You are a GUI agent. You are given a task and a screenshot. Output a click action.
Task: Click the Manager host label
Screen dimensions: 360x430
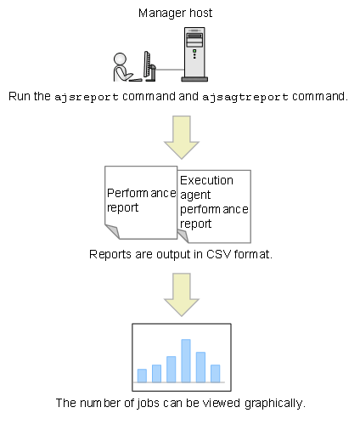pyautogui.click(x=175, y=13)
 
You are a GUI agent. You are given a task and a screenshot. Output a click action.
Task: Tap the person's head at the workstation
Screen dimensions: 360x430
pyautogui.click(x=120, y=59)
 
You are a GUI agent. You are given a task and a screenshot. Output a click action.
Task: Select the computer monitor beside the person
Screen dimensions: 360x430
pyautogui.click(x=147, y=65)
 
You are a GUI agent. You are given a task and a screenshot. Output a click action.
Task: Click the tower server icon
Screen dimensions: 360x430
pyautogui.click(x=194, y=54)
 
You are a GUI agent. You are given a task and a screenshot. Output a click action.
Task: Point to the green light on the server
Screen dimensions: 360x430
pyautogui.click(x=194, y=51)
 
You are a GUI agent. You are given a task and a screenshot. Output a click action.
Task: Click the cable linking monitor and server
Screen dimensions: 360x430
pyautogui.click(x=170, y=70)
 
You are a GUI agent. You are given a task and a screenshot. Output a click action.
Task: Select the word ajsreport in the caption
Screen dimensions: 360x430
pyautogui.click(x=87, y=97)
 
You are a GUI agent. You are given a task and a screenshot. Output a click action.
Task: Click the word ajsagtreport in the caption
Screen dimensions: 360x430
pyautogui.click(x=245, y=97)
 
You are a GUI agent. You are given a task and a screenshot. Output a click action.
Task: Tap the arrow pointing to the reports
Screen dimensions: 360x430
pyautogui.click(x=182, y=137)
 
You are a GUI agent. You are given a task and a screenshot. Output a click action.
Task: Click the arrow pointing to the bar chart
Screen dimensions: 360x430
pyautogui.click(x=182, y=295)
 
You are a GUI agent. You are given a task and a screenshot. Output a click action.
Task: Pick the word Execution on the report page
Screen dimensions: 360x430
pyautogui.click(x=206, y=180)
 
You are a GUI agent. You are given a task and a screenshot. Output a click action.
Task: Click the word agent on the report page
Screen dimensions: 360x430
pyautogui.click(x=195, y=195)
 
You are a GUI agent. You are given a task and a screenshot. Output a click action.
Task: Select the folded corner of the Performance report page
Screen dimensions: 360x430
pyautogui.click(x=113, y=231)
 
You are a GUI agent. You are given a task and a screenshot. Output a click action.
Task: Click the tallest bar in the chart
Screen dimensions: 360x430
pyautogui.click(x=186, y=360)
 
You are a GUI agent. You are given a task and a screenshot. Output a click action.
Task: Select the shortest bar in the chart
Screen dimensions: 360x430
pyautogui.click(x=142, y=376)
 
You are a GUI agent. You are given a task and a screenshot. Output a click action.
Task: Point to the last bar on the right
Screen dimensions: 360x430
pyautogui.click(x=216, y=373)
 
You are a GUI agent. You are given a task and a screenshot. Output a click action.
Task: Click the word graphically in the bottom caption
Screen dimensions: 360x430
pyautogui.click(x=275, y=403)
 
